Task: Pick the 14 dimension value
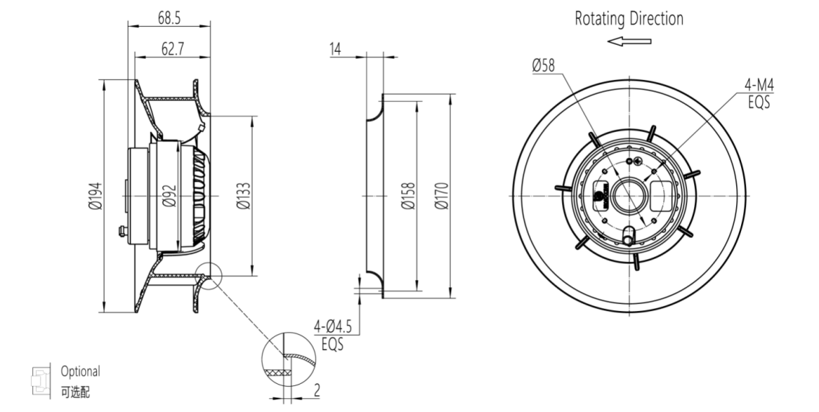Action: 335,49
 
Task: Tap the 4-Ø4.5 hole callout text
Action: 333,326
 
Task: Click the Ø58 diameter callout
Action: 543,66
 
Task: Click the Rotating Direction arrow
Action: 629,41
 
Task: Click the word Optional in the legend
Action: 80,372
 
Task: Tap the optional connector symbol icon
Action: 40,379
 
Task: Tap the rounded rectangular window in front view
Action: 664,194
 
